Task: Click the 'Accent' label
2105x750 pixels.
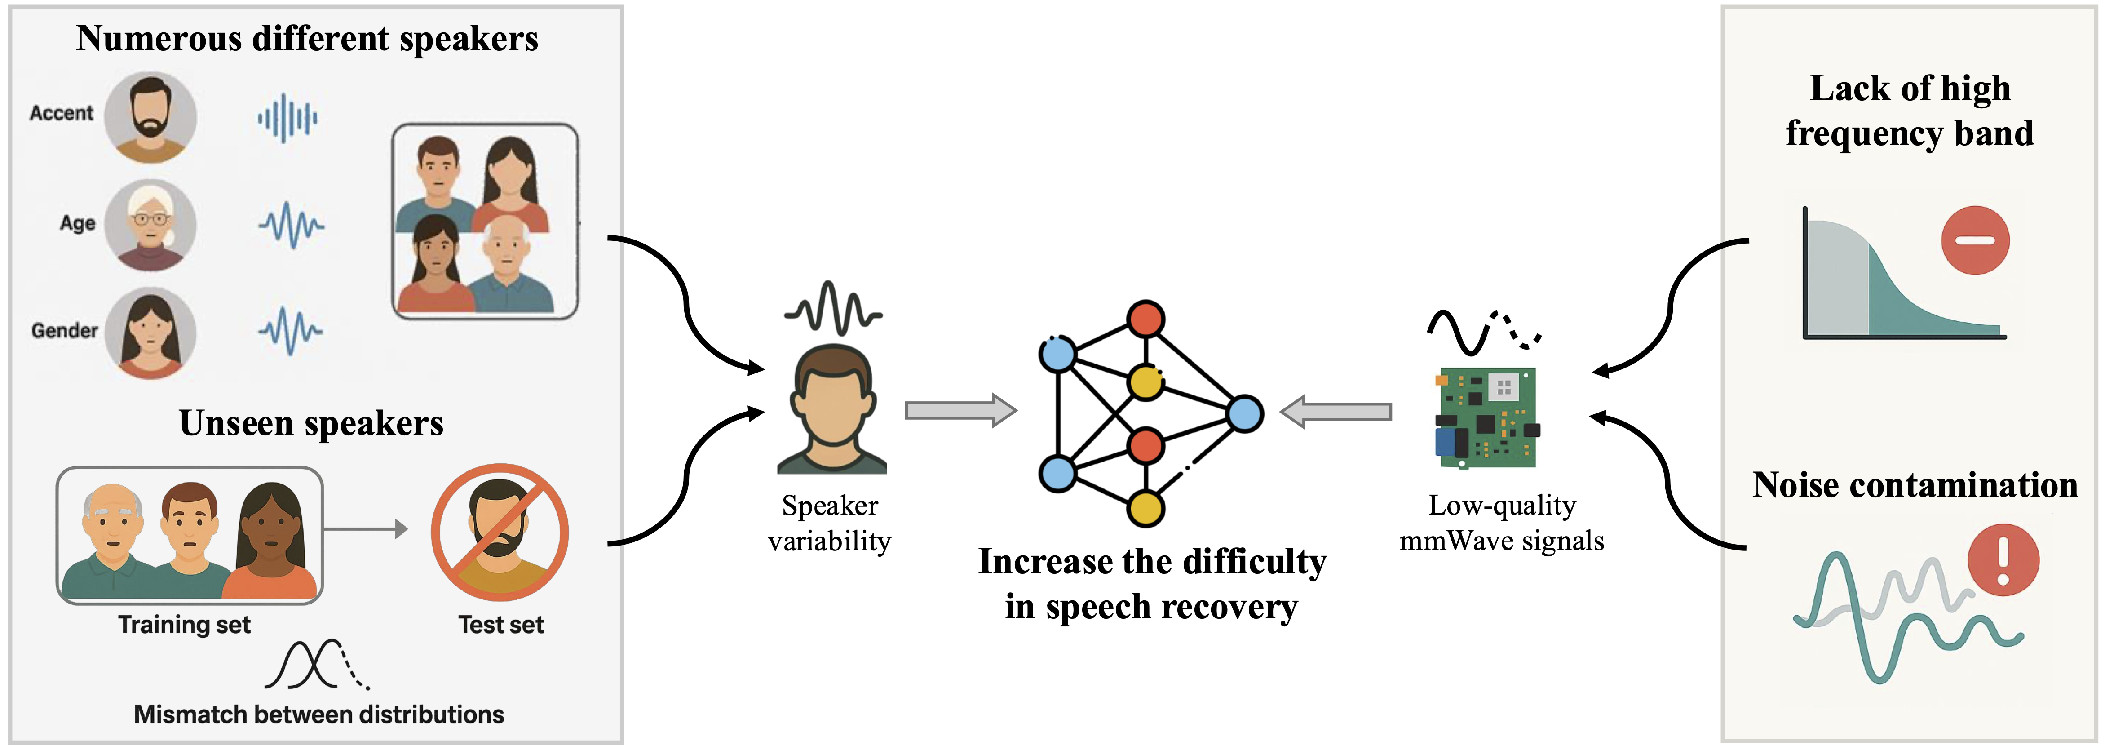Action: (61, 113)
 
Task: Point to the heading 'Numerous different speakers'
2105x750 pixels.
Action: (307, 39)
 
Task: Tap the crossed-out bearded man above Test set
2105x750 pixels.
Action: (499, 533)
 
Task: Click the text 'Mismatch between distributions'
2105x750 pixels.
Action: (318, 714)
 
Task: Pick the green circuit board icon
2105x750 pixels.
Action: (1486, 417)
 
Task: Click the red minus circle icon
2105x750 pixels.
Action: (1975, 240)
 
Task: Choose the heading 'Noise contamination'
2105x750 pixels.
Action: (1915, 485)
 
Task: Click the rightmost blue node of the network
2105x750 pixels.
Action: (1244, 414)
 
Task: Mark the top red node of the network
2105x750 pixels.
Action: (1145, 319)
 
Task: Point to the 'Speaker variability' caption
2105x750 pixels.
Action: (829, 524)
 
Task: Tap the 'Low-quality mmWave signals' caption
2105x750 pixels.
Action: (1502, 524)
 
